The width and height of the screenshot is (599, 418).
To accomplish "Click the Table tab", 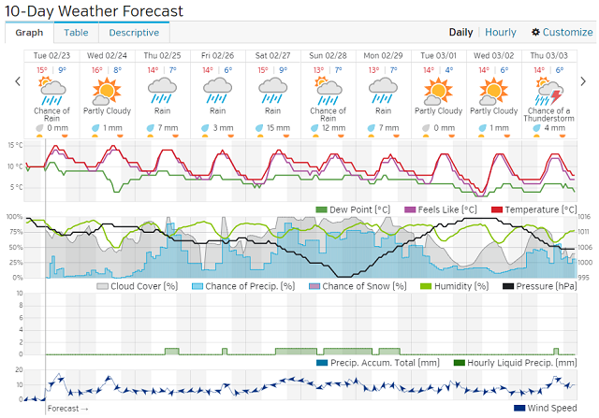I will click(x=76, y=32).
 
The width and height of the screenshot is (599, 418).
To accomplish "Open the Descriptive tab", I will click(x=134, y=32).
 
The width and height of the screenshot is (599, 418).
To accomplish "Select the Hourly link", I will click(x=500, y=32).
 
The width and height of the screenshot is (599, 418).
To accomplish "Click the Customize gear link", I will click(x=562, y=32).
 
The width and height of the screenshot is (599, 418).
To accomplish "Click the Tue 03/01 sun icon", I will click(x=435, y=92).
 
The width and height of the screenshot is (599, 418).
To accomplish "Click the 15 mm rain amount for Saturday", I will click(x=278, y=127).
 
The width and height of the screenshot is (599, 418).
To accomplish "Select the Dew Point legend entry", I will click(x=353, y=209).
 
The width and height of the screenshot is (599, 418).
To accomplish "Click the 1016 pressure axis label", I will click(x=584, y=217).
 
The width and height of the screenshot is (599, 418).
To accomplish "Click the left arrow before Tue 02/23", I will click(x=17, y=81).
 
